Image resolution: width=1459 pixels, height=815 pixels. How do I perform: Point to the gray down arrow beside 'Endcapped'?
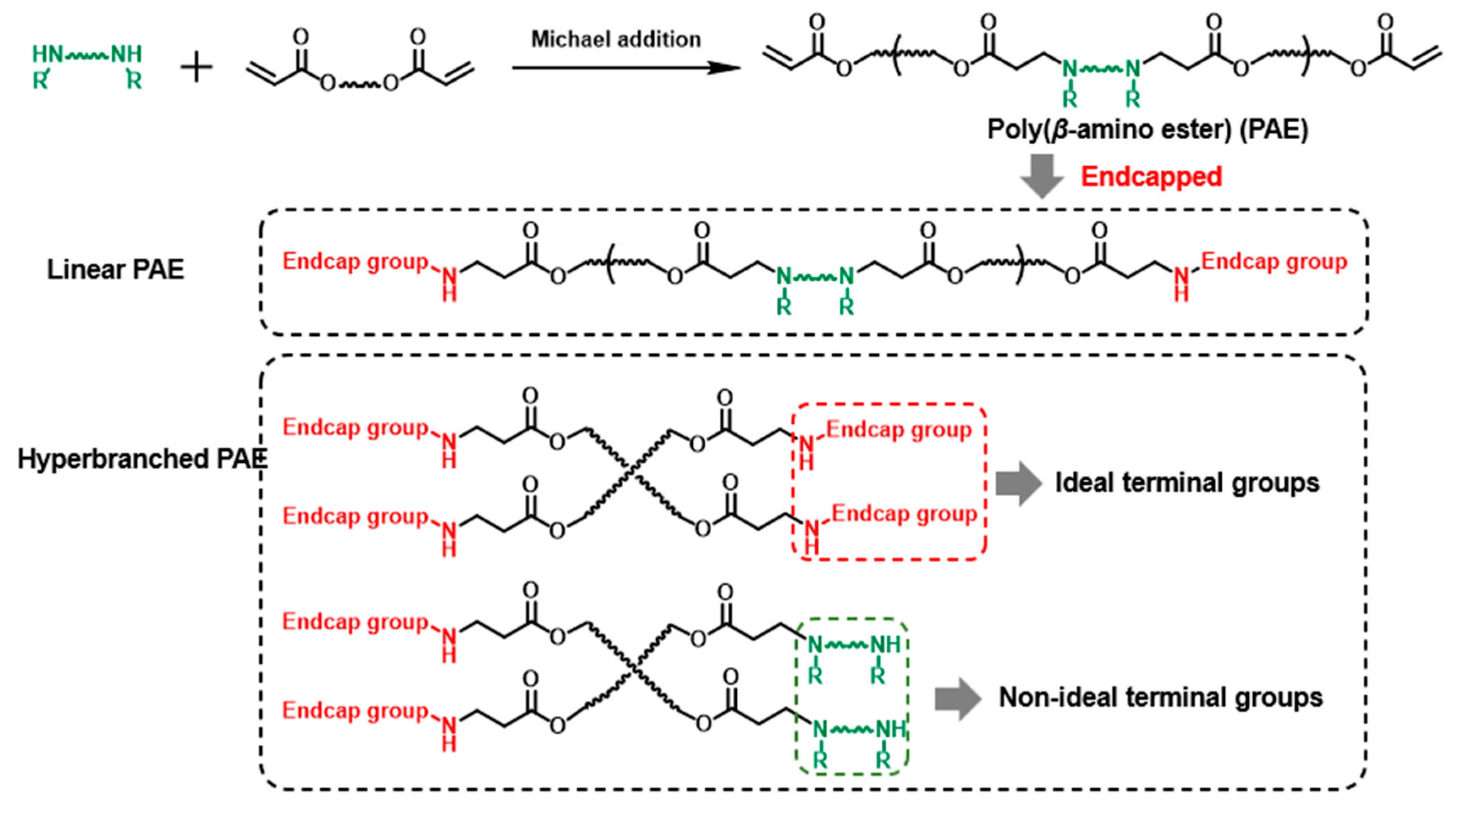1042,176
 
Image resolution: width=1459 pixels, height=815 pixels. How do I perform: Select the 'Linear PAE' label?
116,269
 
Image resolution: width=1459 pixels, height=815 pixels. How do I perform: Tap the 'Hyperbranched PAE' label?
142,459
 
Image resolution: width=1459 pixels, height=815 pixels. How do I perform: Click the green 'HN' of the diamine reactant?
47,55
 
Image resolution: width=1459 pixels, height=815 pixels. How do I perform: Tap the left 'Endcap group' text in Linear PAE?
355,261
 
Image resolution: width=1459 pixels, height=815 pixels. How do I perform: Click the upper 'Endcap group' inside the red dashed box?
899,430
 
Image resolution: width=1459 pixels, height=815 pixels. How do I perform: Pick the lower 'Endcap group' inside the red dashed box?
905,514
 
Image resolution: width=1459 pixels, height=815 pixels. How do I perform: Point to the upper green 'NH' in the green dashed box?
885,644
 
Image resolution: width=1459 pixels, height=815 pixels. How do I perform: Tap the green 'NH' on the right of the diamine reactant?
126,55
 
